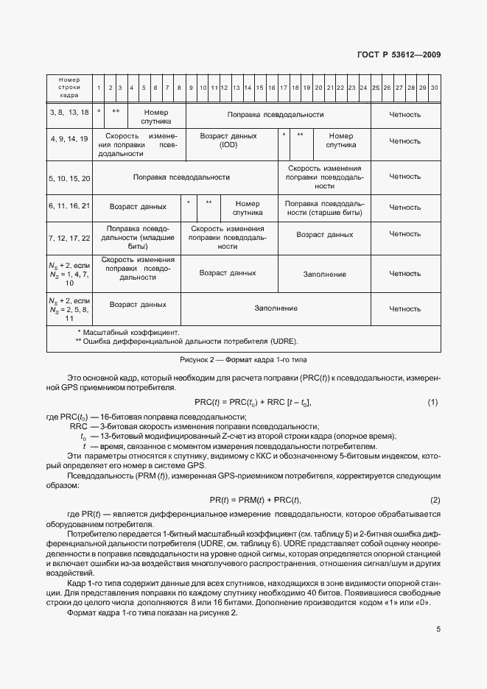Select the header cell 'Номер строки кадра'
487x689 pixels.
click(69, 88)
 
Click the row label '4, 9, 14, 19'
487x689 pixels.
click(69, 138)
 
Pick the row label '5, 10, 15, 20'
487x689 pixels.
click(69, 178)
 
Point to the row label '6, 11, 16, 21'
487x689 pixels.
click(69, 207)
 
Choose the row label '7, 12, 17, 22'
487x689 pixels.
click(69, 239)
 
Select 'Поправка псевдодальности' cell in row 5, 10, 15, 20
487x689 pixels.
click(181, 177)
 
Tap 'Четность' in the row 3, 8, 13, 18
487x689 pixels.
click(404, 115)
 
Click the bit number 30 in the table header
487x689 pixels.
click(434, 88)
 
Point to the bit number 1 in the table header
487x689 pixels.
click(99, 88)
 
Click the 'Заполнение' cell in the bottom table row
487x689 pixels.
click(276, 308)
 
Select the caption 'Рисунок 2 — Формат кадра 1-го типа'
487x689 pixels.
click(243, 360)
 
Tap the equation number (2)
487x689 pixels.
click(435, 500)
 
